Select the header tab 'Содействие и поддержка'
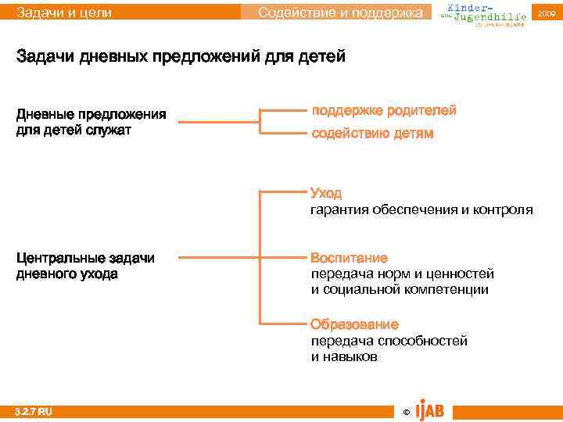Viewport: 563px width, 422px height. (x=344, y=13)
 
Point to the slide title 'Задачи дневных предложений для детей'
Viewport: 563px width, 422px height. (x=181, y=58)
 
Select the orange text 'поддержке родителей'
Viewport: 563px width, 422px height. (x=384, y=111)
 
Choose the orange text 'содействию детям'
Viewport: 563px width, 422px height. (x=372, y=134)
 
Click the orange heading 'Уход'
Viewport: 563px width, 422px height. (x=326, y=193)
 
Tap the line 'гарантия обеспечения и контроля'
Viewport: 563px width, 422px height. (x=421, y=209)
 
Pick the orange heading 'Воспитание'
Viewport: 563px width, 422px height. (x=349, y=258)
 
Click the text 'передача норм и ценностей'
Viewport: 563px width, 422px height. (x=403, y=274)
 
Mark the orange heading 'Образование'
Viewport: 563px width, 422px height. (x=354, y=324)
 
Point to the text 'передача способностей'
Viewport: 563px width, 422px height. (x=389, y=341)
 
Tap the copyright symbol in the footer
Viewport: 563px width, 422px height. (x=405, y=411)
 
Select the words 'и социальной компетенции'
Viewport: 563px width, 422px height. (x=400, y=289)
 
